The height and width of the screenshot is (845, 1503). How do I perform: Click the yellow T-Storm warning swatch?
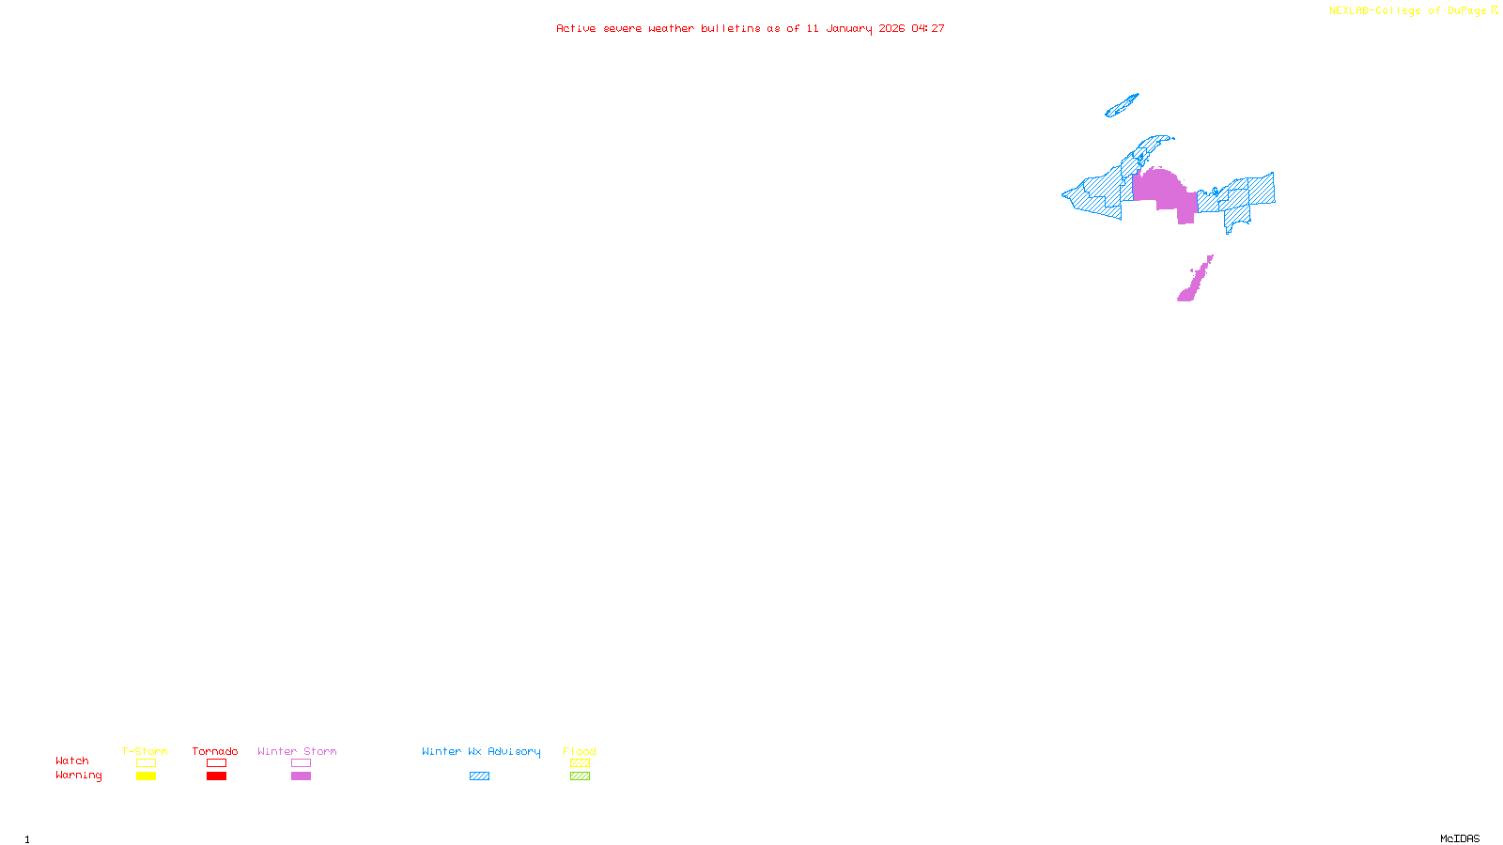pyautogui.click(x=146, y=776)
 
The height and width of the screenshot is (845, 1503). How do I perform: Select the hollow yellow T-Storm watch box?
pyautogui.click(x=146, y=763)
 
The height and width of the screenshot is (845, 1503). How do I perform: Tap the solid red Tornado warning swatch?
pyautogui.click(x=216, y=776)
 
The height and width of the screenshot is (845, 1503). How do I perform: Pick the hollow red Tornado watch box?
pyautogui.click(x=216, y=763)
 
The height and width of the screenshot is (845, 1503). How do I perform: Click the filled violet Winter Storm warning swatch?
pyautogui.click(x=301, y=776)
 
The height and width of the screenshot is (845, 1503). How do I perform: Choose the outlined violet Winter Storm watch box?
pyautogui.click(x=301, y=763)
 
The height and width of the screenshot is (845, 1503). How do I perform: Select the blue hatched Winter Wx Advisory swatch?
pyautogui.click(x=479, y=776)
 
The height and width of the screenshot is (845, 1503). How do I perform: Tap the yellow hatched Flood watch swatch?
pyautogui.click(x=580, y=763)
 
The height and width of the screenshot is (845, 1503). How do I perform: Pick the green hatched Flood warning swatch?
pyautogui.click(x=580, y=776)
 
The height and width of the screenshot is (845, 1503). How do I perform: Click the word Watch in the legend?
pyautogui.click(x=72, y=761)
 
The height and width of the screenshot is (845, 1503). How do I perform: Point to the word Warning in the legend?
pyautogui.click(x=78, y=776)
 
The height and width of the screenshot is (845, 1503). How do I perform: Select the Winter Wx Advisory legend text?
pyautogui.click(x=481, y=751)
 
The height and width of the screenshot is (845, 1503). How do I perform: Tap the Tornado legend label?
pyautogui.click(x=215, y=751)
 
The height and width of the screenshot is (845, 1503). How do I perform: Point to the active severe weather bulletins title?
pyautogui.click(x=751, y=28)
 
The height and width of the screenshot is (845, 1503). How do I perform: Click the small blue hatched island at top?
pyautogui.click(x=1122, y=105)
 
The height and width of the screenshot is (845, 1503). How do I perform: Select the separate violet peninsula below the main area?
pyautogui.click(x=1194, y=282)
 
